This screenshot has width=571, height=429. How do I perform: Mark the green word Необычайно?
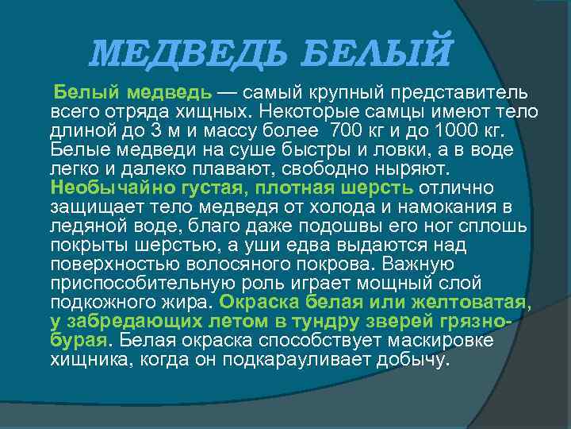(x=107, y=188)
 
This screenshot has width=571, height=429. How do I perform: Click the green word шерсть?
(x=376, y=188)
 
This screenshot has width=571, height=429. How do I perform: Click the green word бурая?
(x=77, y=341)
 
